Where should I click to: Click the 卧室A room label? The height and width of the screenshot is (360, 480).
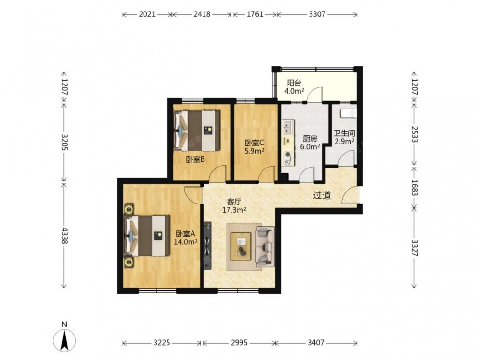tap(185, 238)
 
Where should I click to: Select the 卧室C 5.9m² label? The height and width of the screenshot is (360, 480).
tap(254, 146)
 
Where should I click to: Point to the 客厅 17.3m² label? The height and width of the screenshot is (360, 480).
tap(234, 206)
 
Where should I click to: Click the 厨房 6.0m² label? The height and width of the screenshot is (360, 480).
tap(310, 143)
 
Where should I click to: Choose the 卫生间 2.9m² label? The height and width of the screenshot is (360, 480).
tap(344, 137)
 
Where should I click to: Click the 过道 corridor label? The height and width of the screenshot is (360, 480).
tap(322, 195)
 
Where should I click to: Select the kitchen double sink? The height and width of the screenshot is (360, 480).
tap(288, 128)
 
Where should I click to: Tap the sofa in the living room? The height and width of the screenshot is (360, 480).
tap(265, 246)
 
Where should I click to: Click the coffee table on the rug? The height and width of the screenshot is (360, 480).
tap(241, 246)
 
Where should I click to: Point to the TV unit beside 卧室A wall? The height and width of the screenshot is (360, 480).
tap(207, 245)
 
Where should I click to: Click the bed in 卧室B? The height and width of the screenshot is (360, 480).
tap(197, 131)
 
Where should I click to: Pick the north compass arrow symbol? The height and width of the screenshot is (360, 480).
tap(65, 340)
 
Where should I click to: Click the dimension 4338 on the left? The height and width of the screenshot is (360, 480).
tap(64, 235)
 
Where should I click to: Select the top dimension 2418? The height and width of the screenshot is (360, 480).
tap(202, 14)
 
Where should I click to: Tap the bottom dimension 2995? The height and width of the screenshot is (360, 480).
tap(239, 342)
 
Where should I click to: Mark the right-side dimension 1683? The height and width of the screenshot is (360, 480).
tap(415, 187)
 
